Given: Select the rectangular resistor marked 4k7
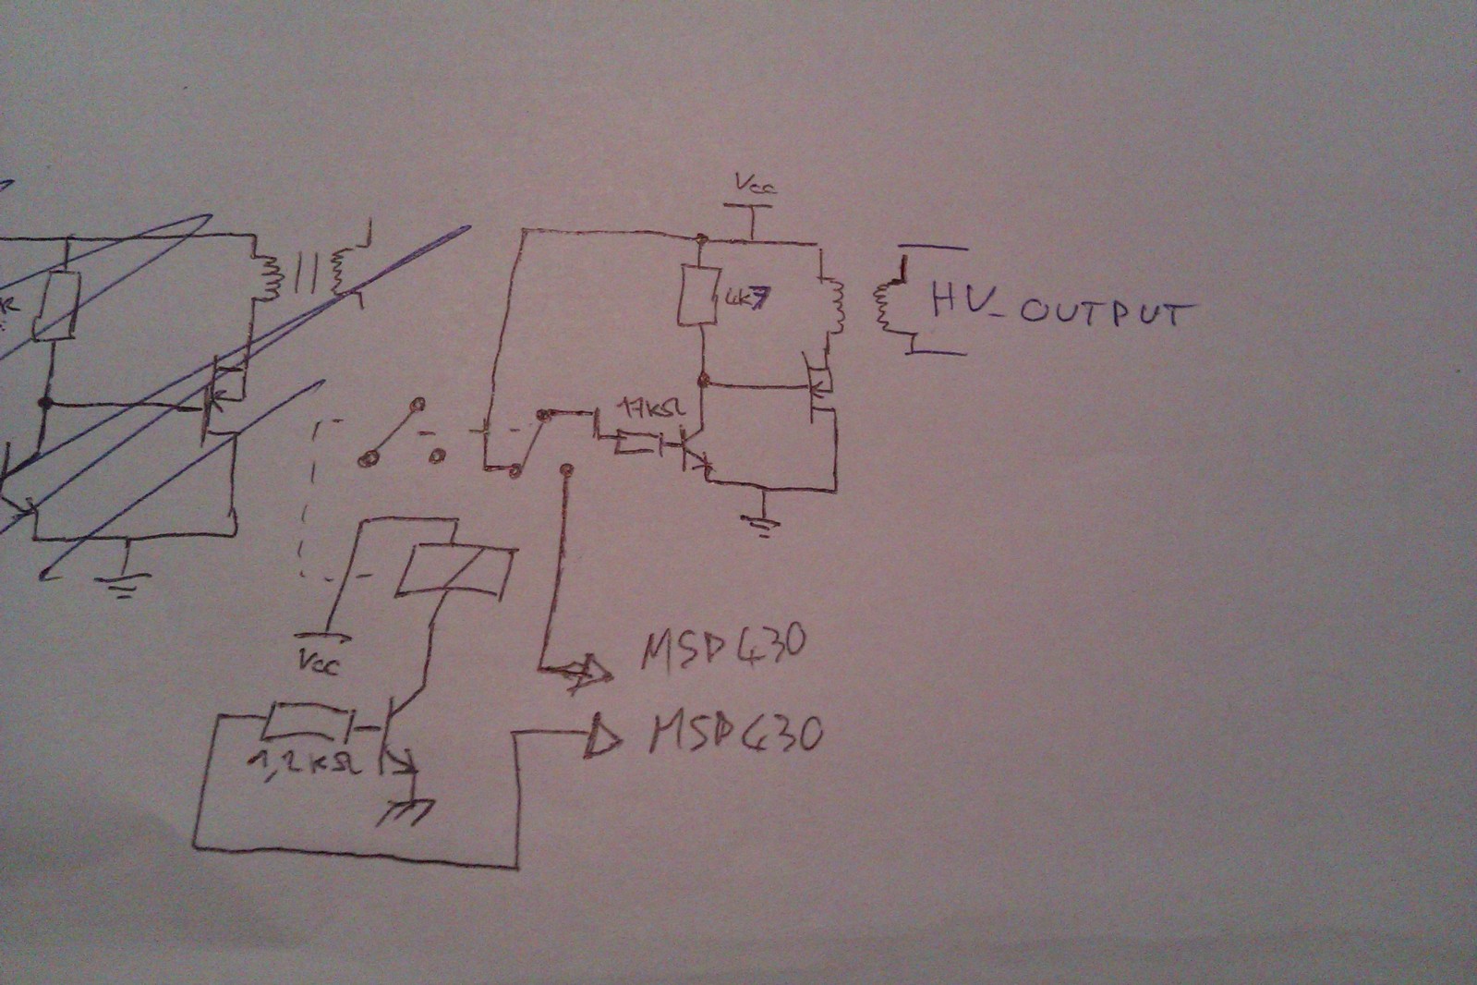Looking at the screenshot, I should [699, 295].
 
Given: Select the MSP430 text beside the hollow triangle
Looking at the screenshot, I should [734, 736].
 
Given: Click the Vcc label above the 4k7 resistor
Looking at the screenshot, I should [756, 184].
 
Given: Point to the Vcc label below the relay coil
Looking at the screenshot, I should [319, 662].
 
